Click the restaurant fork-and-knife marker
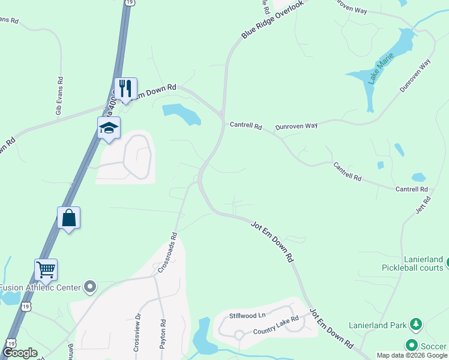pyautogui.click(x=125, y=89)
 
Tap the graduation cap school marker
pyautogui.click(x=109, y=128)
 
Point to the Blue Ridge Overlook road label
pyautogui.click(x=272, y=20)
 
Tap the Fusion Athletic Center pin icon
pyautogui.click(x=90, y=287)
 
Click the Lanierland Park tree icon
pyautogui.click(x=415, y=325)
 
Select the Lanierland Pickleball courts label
pyautogui.click(x=413, y=263)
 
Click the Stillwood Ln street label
pyautogui.click(x=247, y=316)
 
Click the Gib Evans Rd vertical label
pyautogui.click(x=59, y=96)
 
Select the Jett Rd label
pyautogui.click(x=423, y=204)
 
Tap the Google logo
pyautogui.click(x=19, y=353)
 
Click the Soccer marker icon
pyautogui.click(x=411, y=345)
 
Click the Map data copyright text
pyautogui.click(x=412, y=355)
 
